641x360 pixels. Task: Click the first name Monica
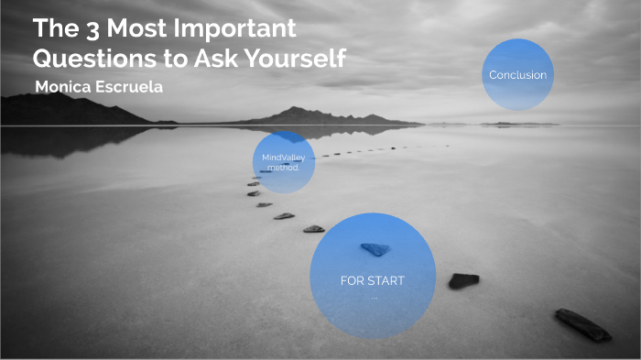[63, 86]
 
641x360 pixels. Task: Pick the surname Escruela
[131, 86]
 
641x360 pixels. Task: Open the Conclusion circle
[517, 75]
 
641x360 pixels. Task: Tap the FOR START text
[372, 280]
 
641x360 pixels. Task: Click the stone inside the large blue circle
[375, 248]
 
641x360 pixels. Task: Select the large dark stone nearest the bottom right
[582, 323]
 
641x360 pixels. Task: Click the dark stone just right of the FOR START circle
[463, 279]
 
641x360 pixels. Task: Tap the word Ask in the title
[210, 58]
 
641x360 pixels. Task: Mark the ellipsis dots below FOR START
[374, 297]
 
